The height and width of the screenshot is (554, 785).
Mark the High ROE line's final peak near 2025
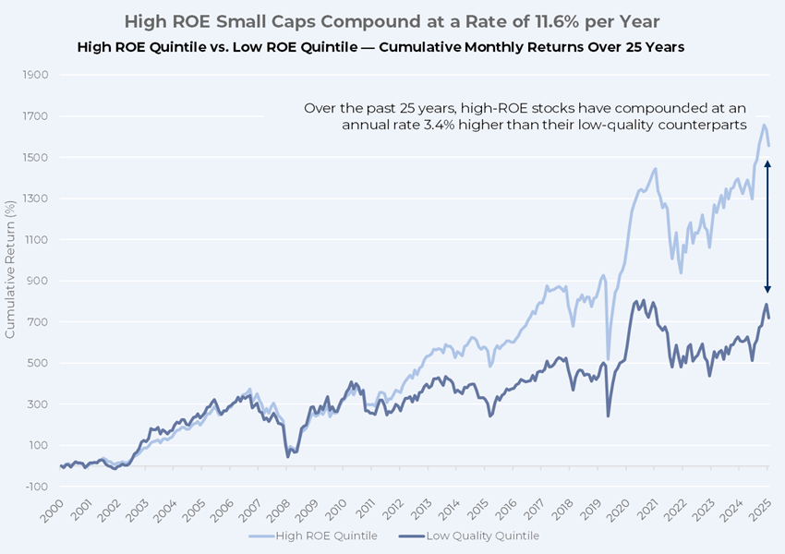pyautogui.click(x=764, y=125)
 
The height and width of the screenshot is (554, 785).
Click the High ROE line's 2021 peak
pyautogui.click(x=654, y=169)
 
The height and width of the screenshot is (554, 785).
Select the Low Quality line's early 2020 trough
pyautogui.click(x=608, y=415)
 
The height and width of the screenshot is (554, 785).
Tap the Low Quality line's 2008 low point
pyautogui.click(x=287, y=455)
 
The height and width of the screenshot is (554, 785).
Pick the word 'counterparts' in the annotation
pyautogui.click(x=702, y=126)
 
